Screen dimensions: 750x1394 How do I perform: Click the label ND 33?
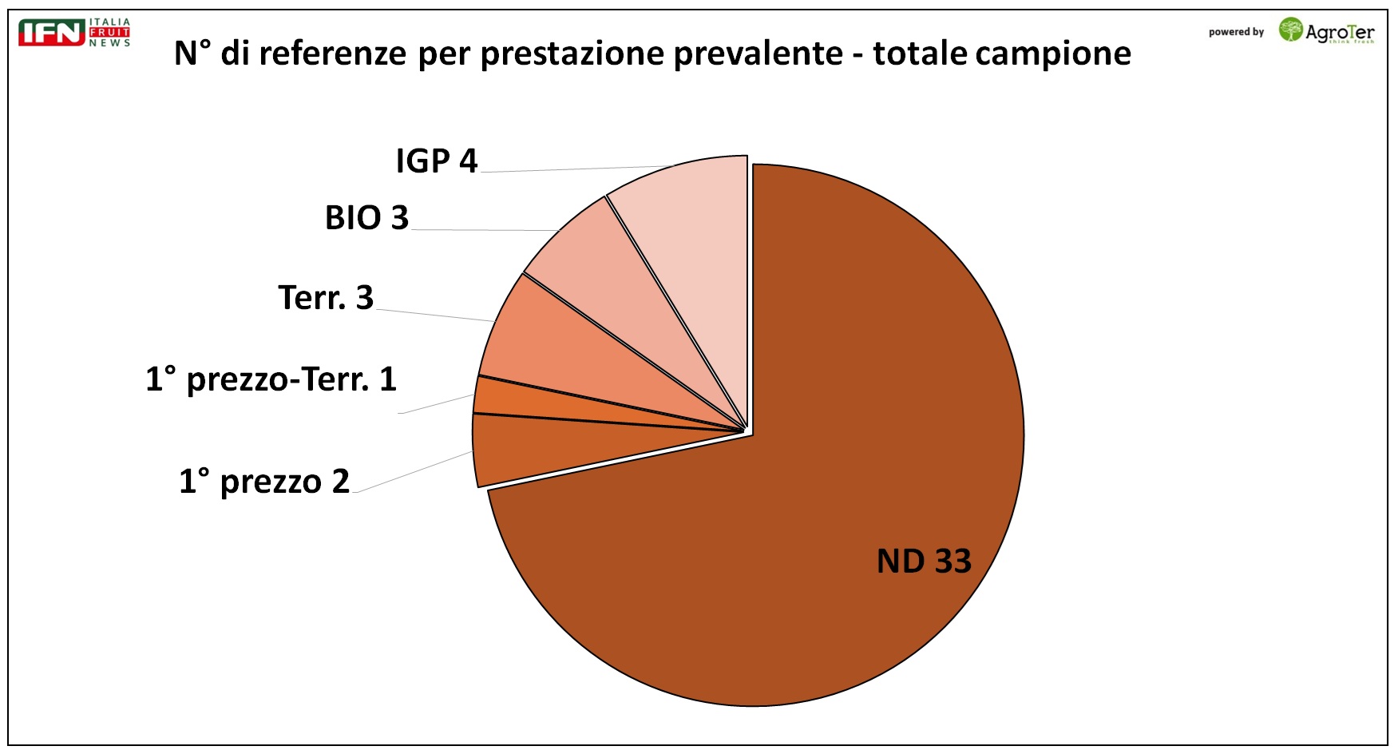point(924,561)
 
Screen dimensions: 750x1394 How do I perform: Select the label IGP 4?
point(436,161)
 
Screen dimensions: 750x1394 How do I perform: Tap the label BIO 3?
point(366,218)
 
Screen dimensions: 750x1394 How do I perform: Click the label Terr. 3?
point(326,298)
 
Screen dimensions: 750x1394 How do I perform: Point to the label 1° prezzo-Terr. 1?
point(271,379)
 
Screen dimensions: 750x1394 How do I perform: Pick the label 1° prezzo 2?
point(264,482)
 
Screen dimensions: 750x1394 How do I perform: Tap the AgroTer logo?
point(1326,31)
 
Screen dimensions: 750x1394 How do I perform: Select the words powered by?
point(1236,33)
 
